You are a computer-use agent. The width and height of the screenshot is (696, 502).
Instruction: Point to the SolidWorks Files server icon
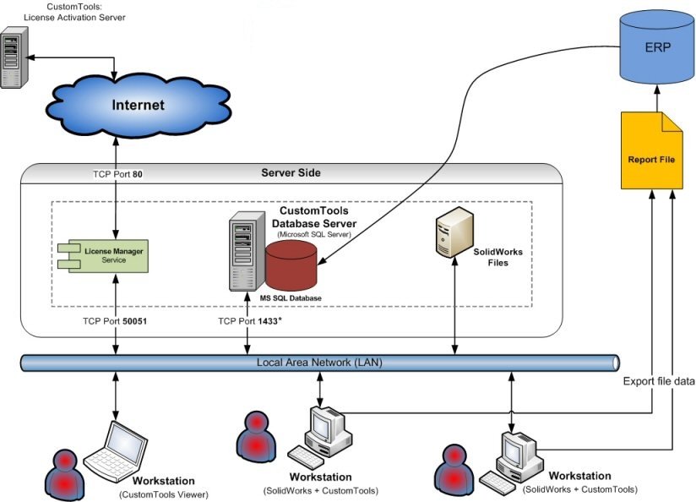[x=451, y=233]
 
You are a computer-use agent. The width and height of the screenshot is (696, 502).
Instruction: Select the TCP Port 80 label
[x=117, y=173]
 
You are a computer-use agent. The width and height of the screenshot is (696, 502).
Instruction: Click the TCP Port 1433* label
[x=250, y=322]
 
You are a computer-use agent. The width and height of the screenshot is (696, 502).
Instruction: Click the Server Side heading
[x=291, y=172]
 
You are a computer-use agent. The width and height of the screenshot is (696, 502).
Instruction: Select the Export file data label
[x=659, y=381]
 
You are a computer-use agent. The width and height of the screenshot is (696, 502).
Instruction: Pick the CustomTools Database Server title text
[x=316, y=216]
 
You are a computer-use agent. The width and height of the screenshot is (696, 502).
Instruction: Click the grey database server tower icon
[x=242, y=253]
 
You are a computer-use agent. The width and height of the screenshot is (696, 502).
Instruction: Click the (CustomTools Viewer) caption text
[x=164, y=494]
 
